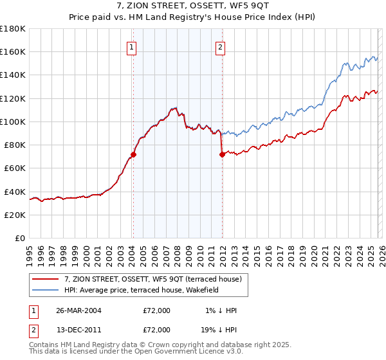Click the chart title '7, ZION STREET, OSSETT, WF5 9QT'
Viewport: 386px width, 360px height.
(x=193, y=6)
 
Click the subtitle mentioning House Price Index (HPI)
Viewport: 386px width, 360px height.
(x=193, y=18)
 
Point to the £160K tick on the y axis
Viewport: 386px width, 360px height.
(x=13, y=51)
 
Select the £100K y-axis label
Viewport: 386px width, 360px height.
(x=13, y=122)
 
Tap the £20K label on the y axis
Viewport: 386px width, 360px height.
(x=15, y=215)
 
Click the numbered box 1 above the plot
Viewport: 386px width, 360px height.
(x=131, y=46)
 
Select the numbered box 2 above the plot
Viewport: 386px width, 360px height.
(x=220, y=46)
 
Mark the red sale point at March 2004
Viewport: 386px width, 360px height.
(x=133, y=154)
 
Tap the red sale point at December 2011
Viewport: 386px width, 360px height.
(x=221, y=154)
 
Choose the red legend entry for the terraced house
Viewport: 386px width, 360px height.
(x=152, y=278)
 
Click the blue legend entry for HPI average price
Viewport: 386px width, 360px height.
(x=142, y=290)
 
